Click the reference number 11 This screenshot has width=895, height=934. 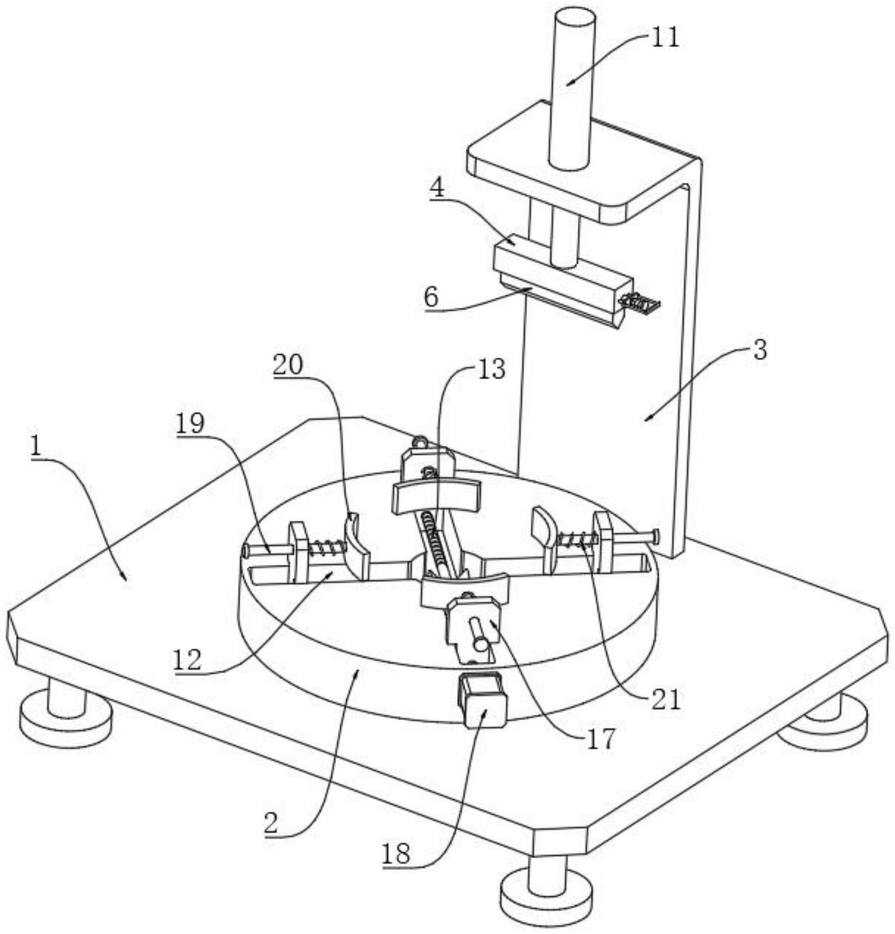[664, 38]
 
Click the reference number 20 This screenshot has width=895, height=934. [287, 365]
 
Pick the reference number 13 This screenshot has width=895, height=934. [491, 369]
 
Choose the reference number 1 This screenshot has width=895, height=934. [36, 448]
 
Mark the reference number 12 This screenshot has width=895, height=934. [187, 660]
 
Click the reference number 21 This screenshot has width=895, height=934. [665, 700]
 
